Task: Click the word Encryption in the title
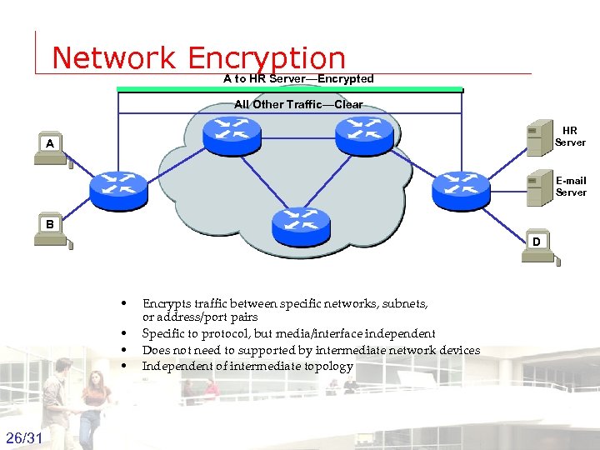(x=267, y=57)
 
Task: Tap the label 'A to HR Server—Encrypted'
(x=298, y=78)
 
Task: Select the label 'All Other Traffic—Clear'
(x=298, y=105)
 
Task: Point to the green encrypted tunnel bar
(x=290, y=88)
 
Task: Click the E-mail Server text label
(x=571, y=186)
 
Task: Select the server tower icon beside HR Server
(x=536, y=137)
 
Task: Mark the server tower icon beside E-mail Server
(x=536, y=187)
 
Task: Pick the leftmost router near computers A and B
(x=118, y=191)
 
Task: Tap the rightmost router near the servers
(x=461, y=191)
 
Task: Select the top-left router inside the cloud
(x=232, y=136)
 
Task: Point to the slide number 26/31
(x=26, y=437)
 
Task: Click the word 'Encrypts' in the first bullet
(x=165, y=304)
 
